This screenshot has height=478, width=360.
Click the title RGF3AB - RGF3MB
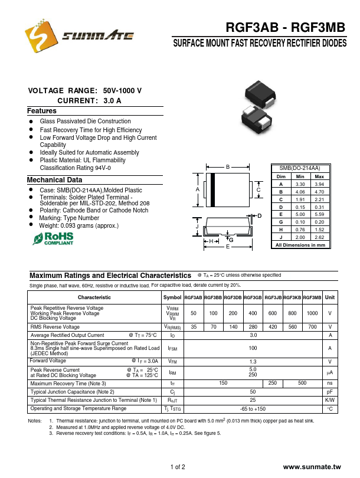tap(284, 28)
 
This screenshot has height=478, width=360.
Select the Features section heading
tap(42, 111)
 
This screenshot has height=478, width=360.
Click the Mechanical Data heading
tap(54, 180)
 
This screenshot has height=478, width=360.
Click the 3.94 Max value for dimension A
tap(319, 184)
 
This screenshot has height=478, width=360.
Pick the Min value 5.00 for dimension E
tap(300, 214)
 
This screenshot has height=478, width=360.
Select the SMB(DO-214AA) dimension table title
tap(300, 169)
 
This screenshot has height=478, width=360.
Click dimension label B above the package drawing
tap(227, 168)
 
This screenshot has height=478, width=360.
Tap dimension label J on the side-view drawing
tap(197, 227)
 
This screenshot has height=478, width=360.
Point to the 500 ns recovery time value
tap(302, 383)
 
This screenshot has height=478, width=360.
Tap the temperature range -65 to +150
tap(253, 408)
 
